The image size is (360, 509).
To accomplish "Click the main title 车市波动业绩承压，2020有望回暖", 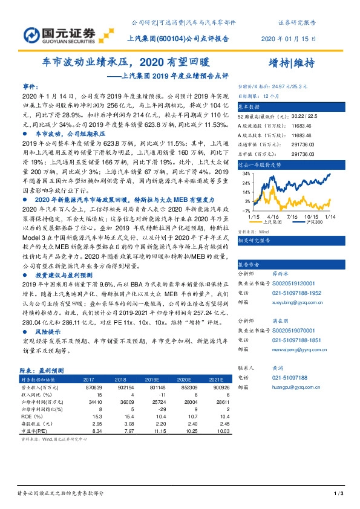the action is click(125, 62).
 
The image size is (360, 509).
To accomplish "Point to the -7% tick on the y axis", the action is click(246, 210).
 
